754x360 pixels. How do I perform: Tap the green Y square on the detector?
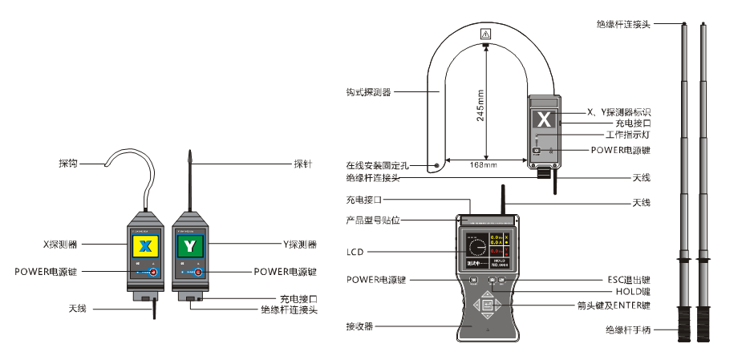pyautogui.click(x=189, y=244)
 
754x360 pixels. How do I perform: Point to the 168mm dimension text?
pyautogui.click(x=484, y=165)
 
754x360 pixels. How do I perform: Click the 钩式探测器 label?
pyautogui.click(x=363, y=92)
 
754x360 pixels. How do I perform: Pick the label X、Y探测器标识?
pyautogui.click(x=618, y=111)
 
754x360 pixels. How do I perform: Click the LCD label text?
pyautogui.click(x=355, y=252)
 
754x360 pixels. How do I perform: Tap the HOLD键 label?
pyautogui.click(x=633, y=293)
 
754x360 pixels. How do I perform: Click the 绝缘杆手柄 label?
pyautogui.click(x=628, y=329)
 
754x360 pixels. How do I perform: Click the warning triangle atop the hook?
pyautogui.click(x=486, y=34)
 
